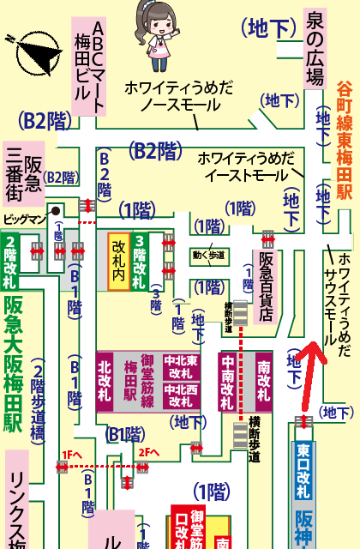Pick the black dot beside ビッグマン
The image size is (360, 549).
point(56,209)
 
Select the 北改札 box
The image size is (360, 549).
point(105,380)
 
